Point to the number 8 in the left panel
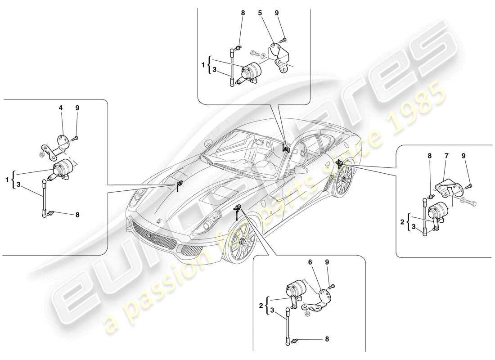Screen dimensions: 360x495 click(77, 215)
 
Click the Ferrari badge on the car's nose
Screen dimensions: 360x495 click(159, 220)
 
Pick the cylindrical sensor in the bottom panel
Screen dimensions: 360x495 click(295, 290)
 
